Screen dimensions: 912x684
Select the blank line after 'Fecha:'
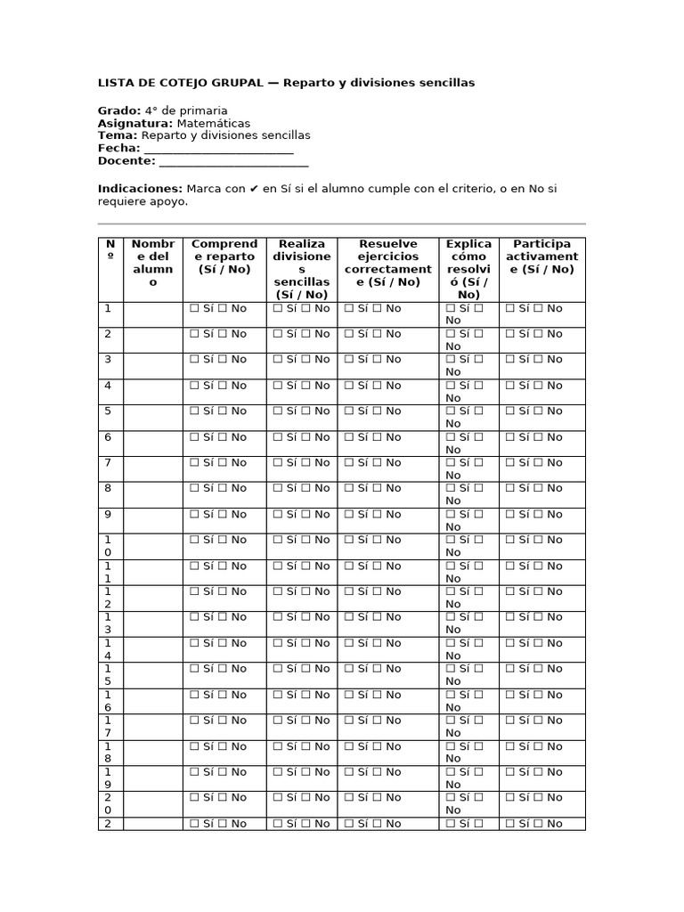click(x=218, y=149)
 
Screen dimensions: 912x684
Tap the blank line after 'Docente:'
click(x=233, y=161)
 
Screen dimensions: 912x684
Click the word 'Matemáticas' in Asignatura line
click(x=213, y=123)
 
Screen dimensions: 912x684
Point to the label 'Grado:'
click(x=119, y=110)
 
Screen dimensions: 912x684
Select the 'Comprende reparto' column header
click(x=224, y=256)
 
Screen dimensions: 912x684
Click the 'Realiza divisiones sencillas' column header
click(x=302, y=269)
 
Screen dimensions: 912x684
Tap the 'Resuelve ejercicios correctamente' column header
click(x=387, y=263)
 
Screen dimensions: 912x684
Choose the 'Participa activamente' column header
click(x=542, y=256)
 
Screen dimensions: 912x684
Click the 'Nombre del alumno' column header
click(x=152, y=263)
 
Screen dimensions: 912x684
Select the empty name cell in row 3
click(x=152, y=365)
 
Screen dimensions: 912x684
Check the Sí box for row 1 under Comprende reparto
click(x=193, y=308)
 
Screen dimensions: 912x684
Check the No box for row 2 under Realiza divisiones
click(x=305, y=334)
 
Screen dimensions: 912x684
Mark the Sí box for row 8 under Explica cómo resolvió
click(x=450, y=489)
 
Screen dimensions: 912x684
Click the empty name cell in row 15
click(x=152, y=675)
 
